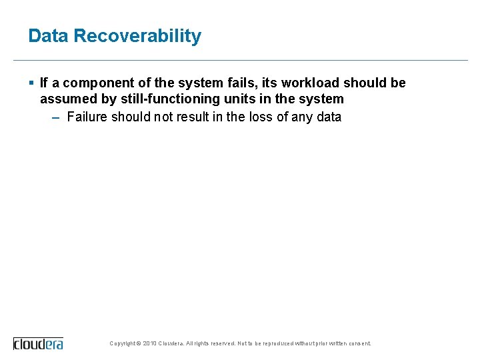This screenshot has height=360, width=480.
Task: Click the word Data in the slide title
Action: point(48,36)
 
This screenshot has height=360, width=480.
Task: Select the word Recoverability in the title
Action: point(137,36)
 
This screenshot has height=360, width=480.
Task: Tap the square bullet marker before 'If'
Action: point(32,83)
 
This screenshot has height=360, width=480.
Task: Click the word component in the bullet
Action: point(95,83)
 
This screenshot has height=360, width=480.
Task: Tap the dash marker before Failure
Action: point(55,117)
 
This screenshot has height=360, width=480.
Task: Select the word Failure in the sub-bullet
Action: point(87,117)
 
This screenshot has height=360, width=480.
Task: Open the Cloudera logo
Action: point(39,343)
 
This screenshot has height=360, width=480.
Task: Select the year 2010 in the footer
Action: point(151,344)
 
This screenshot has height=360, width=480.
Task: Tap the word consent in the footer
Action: point(358,344)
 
